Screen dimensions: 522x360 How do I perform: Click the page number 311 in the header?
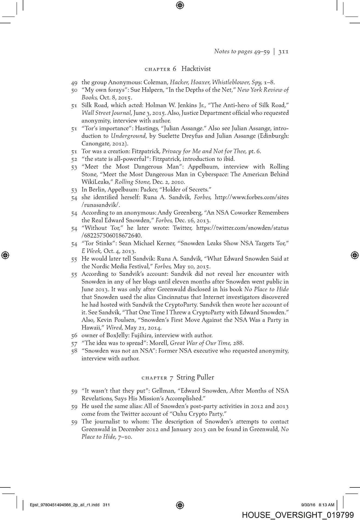pos(283,51)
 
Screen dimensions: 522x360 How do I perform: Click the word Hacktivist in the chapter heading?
pos(196,69)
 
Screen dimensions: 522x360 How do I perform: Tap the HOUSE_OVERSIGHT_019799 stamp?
pos(298,515)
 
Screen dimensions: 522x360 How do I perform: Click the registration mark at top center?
pos(180,5)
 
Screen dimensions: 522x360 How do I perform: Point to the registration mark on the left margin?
pos(5,255)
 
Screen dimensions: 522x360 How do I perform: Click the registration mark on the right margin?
pos(354,255)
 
